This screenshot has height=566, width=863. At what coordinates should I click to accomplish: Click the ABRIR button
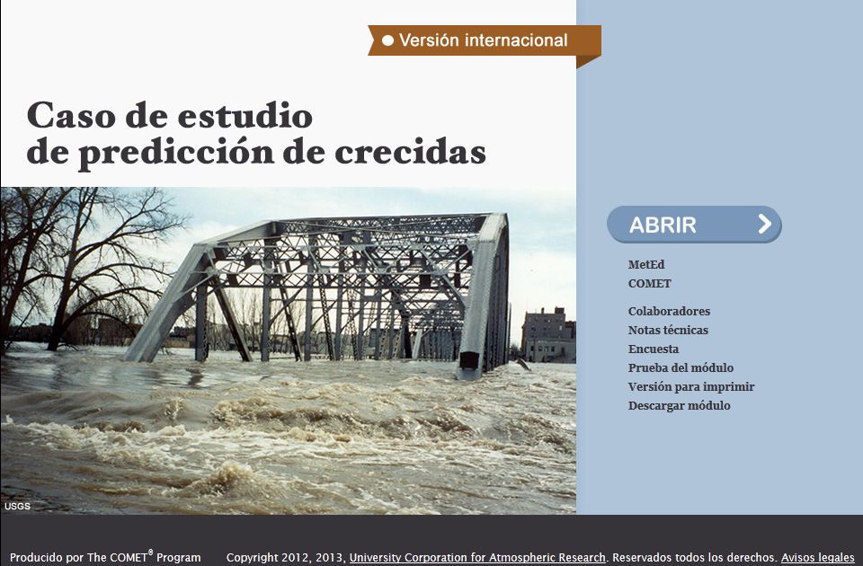(x=694, y=225)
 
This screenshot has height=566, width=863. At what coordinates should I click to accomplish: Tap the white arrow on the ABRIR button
(x=764, y=224)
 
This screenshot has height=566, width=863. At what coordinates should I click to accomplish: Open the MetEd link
(x=646, y=264)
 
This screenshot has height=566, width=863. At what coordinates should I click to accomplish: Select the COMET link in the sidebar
(x=649, y=284)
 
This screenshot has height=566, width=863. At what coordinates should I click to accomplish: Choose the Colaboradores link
(x=669, y=312)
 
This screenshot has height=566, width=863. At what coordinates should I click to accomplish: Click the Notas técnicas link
(x=668, y=330)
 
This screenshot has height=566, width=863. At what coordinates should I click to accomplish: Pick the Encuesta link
(x=654, y=349)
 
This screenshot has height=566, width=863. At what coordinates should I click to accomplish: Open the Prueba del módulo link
(x=681, y=367)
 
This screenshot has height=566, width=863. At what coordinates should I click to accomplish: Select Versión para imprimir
(x=691, y=386)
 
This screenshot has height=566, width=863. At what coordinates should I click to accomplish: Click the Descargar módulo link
(x=680, y=405)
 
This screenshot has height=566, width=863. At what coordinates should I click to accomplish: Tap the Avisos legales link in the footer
(x=818, y=558)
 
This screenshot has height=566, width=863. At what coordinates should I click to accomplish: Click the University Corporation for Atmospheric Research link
(x=477, y=558)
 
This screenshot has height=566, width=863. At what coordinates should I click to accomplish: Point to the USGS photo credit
(x=18, y=506)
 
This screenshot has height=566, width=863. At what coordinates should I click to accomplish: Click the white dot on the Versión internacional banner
(x=388, y=40)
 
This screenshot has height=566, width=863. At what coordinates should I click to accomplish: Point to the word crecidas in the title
(x=411, y=152)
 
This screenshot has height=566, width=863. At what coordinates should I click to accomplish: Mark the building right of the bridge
(x=548, y=334)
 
